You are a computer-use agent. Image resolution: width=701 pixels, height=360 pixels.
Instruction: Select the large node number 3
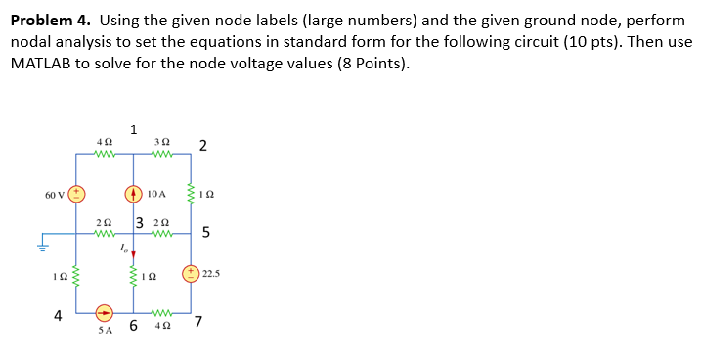[x=140, y=223]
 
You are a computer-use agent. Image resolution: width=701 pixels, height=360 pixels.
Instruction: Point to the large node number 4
[x=59, y=315]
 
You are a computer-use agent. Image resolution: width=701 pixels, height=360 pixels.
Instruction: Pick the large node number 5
[x=205, y=233]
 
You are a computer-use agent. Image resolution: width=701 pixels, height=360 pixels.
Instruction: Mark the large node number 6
[x=132, y=325]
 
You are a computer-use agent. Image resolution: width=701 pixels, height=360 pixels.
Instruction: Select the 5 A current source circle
[x=105, y=315]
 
